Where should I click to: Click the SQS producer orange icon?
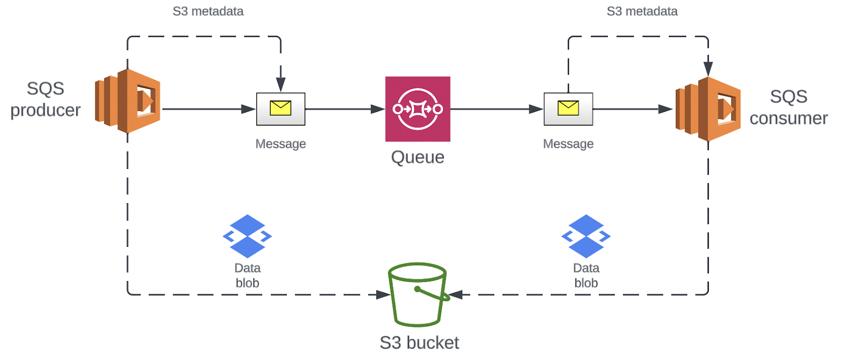point(128,101)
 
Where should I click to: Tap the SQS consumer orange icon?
point(708,109)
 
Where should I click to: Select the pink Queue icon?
point(417,109)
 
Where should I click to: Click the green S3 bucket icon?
point(417,294)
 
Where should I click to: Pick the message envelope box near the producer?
point(280,109)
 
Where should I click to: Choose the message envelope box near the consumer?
point(568,109)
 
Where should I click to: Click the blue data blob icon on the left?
point(247,236)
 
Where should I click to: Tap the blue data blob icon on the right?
point(586,236)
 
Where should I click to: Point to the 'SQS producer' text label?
point(45,99)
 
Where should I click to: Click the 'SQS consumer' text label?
point(788,107)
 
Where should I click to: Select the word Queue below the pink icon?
point(417,157)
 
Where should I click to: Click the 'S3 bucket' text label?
point(419,343)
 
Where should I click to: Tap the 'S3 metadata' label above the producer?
point(208,12)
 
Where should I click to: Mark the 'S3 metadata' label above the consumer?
point(642,12)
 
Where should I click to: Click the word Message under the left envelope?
point(280,144)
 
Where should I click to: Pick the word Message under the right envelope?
point(568,144)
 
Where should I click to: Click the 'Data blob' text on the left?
point(247,275)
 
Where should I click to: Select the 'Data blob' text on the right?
point(586,275)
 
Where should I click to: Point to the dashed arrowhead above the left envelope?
point(280,84)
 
